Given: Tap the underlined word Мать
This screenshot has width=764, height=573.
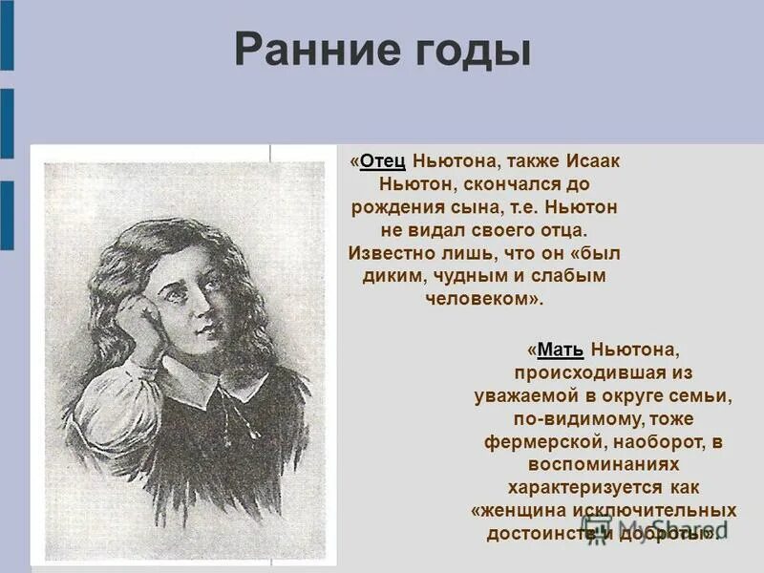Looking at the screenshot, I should click(561, 350).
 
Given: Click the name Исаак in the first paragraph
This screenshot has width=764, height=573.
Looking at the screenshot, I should click(592, 161).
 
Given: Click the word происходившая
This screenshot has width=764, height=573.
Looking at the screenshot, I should click(603, 373).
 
